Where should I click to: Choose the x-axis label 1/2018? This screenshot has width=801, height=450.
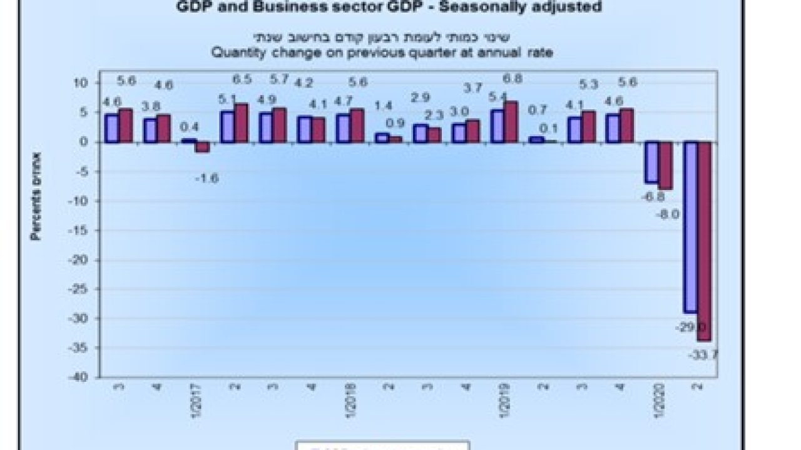click(350, 404)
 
